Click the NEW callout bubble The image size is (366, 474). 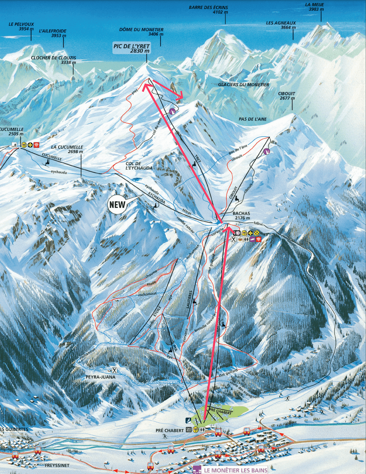coord(117,204)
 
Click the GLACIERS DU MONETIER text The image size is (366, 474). coord(243,85)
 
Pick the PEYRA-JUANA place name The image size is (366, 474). coord(100,377)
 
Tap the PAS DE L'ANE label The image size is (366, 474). coord(253,119)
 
